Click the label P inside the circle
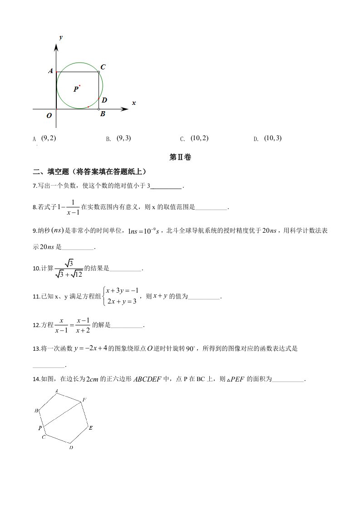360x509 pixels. (x=76, y=90)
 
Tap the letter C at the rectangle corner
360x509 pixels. (x=103, y=67)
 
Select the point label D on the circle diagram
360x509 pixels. (x=104, y=100)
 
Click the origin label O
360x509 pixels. (x=49, y=116)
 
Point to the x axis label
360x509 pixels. (x=134, y=103)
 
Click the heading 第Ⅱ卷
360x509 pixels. (x=180, y=157)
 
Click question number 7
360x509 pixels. (x=35, y=186)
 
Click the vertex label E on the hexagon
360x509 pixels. (x=91, y=427)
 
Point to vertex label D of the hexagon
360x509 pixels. (x=71, y=448)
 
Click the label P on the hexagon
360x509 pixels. (x=40, y=427)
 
